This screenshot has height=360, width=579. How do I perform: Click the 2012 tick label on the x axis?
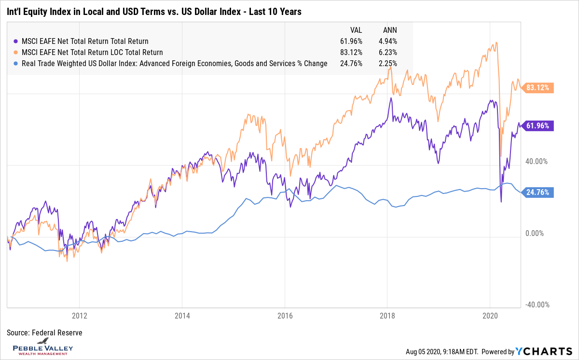click(x=79, y=316)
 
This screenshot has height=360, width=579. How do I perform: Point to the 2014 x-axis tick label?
click(x=182, y=316)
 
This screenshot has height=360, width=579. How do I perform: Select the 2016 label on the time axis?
click(x=285, y=316)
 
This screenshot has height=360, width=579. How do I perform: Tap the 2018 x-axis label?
click(x=387, y=316)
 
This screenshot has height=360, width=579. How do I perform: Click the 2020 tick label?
click(x=490, y=316)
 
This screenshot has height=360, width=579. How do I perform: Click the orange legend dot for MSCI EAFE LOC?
click(x=17, y=52)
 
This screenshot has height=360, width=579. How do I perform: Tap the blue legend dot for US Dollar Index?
click(x=17, y=63)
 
